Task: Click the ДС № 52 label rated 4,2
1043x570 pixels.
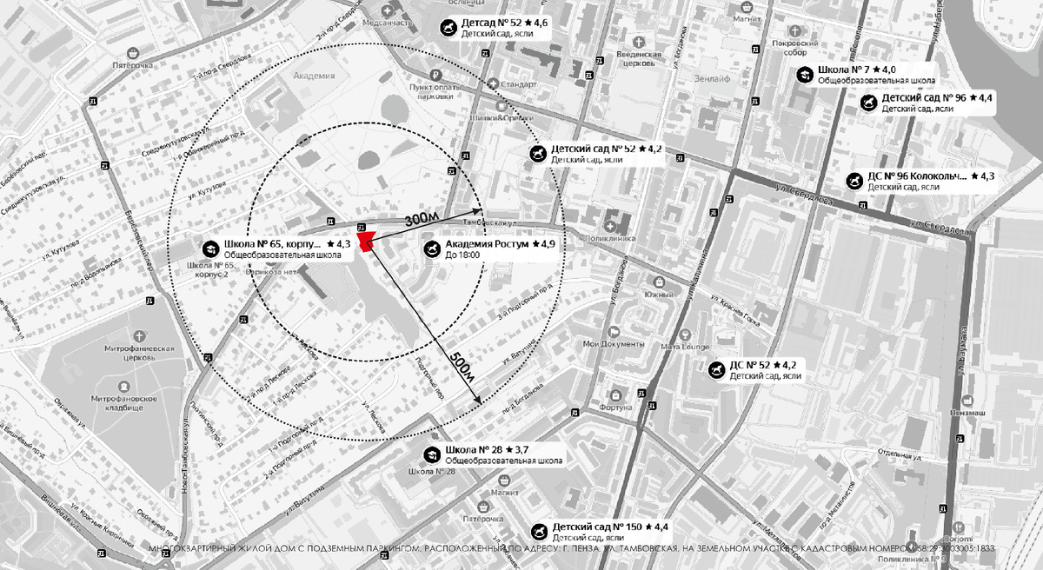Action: coord(764,365)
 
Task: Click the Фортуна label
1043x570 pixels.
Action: coord(615,407)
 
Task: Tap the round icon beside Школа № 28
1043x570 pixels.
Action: coord(430,454)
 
